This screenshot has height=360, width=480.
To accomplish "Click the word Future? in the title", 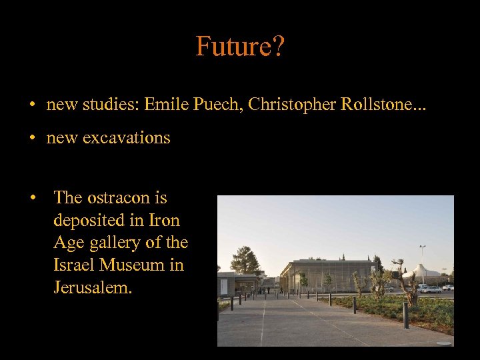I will coord(239,46).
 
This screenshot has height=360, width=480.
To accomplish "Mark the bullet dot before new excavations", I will coord(31,139).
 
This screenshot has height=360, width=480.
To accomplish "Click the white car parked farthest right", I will coord(447,287).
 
